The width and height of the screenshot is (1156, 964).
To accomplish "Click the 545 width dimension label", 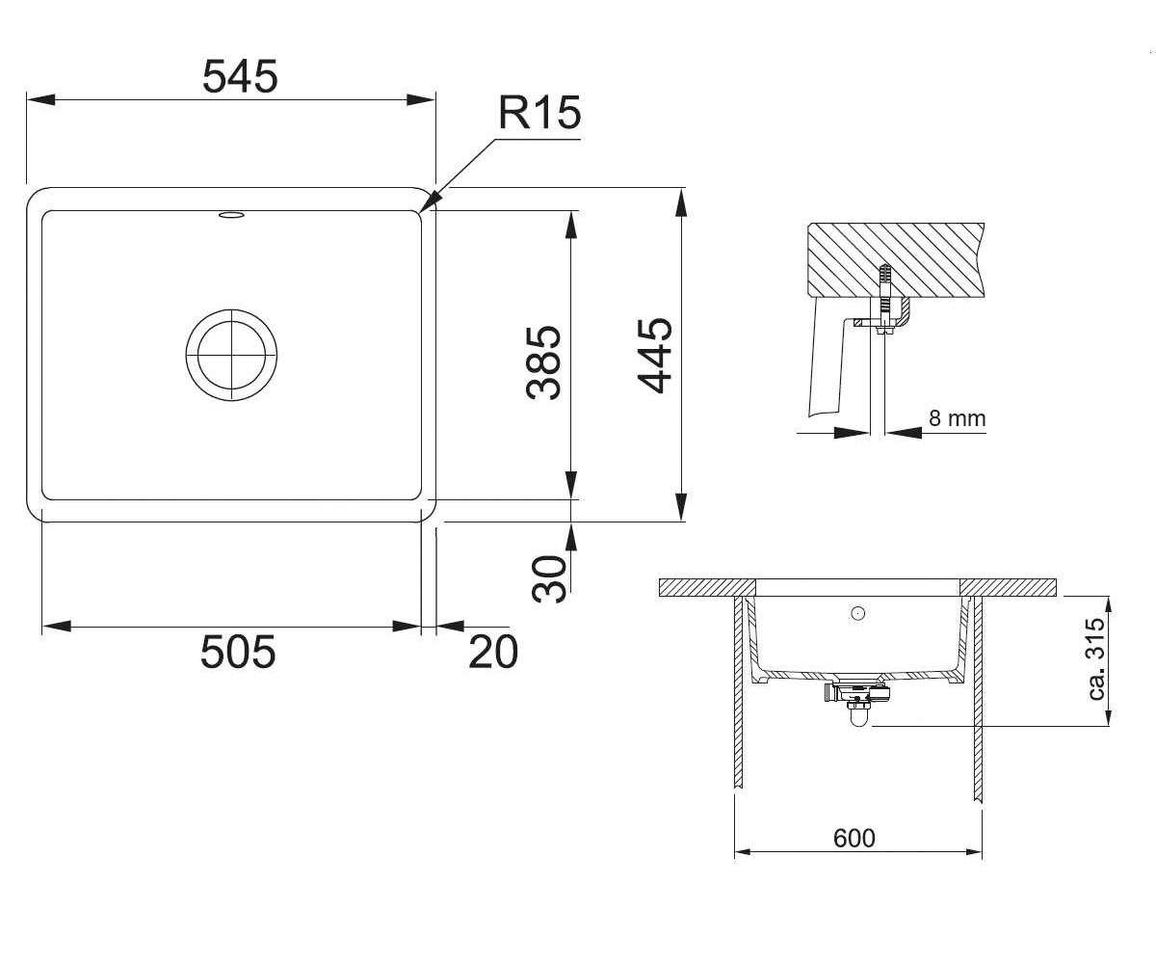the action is click(240, 76).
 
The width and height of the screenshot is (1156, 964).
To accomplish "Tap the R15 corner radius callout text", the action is click(539, 113).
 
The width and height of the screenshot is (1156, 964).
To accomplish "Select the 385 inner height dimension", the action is click(543, 361).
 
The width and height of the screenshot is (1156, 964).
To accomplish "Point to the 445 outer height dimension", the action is click(654, 357).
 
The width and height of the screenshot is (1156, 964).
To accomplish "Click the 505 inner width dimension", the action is click(238, 652).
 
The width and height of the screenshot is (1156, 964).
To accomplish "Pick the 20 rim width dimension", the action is click(493, 652).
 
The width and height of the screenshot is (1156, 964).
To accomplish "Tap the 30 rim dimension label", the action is click(549, 579).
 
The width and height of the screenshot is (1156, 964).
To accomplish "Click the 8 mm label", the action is click(958, 418).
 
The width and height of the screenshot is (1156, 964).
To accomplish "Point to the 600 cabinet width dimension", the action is click(854, 838).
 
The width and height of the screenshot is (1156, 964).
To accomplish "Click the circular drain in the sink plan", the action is click(231, 355).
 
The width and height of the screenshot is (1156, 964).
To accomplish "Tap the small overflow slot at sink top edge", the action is click(231, 215).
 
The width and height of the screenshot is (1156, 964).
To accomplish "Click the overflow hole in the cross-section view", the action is click(858, 613).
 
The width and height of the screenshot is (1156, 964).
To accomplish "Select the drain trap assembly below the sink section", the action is click(857, 699).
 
